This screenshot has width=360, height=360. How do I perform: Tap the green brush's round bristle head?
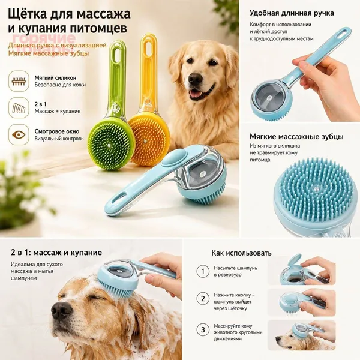(111, 144)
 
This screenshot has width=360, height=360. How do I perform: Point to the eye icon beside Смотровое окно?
(19, 135)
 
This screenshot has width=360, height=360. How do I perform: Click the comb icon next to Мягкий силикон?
(19, 81)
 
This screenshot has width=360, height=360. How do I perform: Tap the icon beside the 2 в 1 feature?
(19, 108)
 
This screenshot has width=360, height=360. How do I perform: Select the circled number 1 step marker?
(203, 271)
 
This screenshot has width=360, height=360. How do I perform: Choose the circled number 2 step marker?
(203, 298)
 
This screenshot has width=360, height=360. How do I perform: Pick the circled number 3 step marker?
(203, 330)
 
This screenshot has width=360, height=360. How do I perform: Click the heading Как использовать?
(242, 253)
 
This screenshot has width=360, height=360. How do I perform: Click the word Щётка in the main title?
(28, 14)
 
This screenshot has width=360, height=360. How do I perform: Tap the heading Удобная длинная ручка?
(292, 13)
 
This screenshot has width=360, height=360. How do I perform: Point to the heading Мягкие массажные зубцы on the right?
(296, 137)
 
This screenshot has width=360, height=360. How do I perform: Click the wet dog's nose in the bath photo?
(61, 310)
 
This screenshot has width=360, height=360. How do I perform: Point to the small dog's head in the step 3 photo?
(286, 338)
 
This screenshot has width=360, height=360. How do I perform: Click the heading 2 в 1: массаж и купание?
(56, 253)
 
